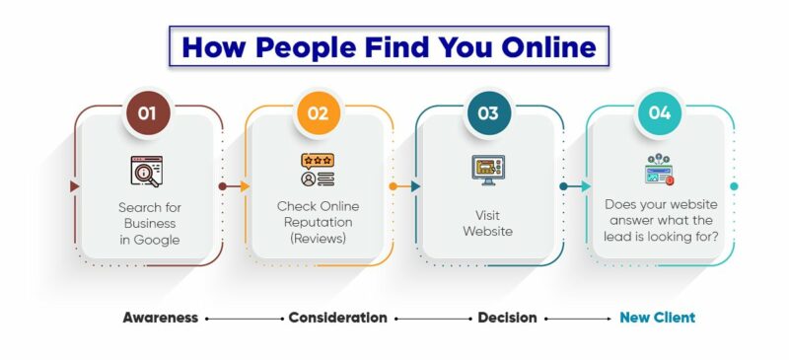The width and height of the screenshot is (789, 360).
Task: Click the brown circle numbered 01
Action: [x=147, y=112]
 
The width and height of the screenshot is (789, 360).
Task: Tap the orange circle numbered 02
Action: [x=318, y=112]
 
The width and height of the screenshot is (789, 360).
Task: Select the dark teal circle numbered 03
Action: [x=488, y=112]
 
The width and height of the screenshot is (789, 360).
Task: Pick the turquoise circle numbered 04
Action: [x=659, y=112]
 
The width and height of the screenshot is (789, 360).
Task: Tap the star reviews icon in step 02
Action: [x=318, y=170]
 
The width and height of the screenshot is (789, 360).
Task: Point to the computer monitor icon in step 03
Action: [x=487, y=170]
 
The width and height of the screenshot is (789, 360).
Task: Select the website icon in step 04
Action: [x=658, y=170]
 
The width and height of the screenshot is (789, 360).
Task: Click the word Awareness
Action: [x=161, y=318]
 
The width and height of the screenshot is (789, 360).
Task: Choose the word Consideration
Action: [x=337, y=318]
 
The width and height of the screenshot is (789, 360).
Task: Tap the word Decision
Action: [x=507, y=318]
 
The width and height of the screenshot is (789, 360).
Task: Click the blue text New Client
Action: [x=657, y=318]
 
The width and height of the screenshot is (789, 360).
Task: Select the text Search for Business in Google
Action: [x=148, y=223]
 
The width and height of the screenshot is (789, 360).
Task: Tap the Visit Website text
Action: [x=487, y=222]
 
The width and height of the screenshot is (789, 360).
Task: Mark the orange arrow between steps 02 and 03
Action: [x=404, y=185]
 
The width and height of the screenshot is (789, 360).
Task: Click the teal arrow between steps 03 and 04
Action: [x=575, y=185]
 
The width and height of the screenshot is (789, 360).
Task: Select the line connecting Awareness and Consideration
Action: [x=244, y=319]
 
